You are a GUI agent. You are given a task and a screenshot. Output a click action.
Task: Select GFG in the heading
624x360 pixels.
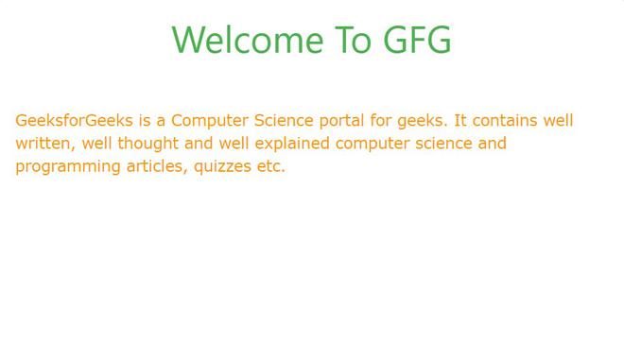418,41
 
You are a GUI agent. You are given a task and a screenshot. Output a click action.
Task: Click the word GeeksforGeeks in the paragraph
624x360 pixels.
74,121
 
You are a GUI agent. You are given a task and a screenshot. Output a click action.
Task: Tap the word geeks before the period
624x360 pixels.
422,121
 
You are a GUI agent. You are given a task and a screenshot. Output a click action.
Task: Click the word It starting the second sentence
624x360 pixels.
460,121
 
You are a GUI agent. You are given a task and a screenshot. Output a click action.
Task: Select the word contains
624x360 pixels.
505,121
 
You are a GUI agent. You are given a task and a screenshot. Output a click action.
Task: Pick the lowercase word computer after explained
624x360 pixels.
372,144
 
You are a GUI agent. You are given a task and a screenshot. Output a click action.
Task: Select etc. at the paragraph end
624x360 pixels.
270,166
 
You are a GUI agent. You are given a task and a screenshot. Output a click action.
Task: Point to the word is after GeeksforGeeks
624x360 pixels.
145,121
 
